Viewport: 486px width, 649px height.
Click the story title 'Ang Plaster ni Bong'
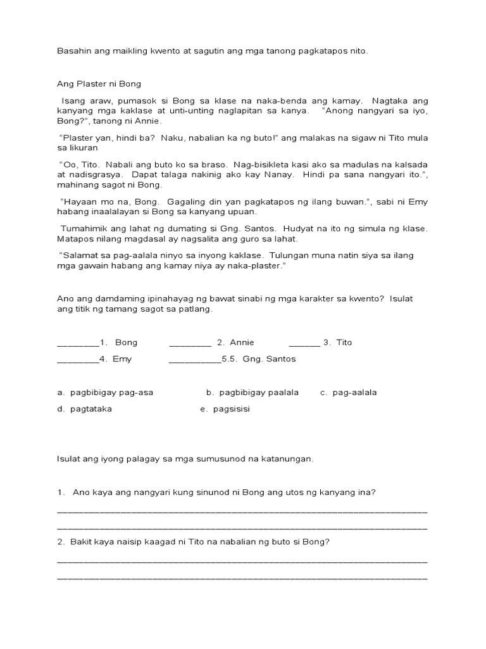click(x=99, y=84)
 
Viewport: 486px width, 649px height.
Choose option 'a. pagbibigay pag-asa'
click(x=105, y=392)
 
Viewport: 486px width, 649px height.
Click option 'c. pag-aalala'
click(x=348, y=392)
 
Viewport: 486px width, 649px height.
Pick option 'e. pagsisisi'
click(x=225, y=409)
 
